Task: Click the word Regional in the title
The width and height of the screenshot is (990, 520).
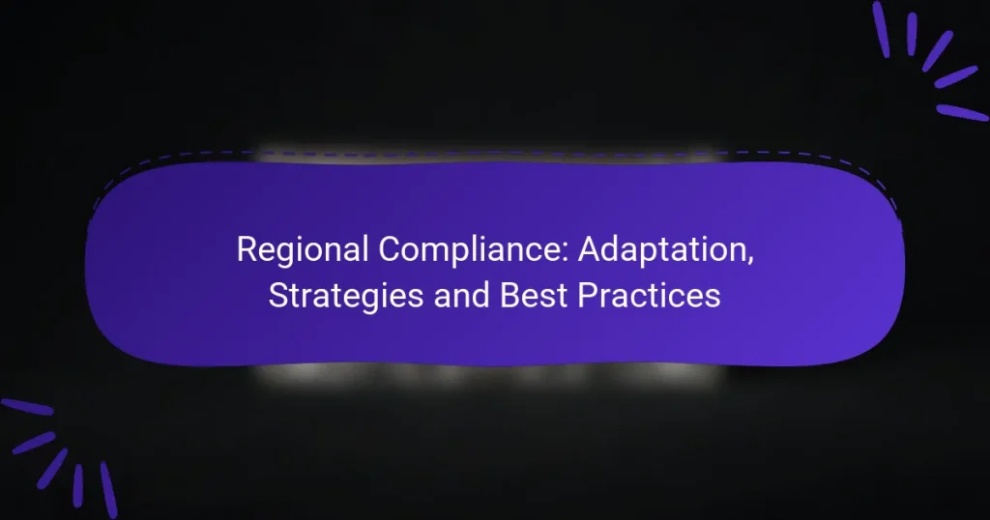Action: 301,250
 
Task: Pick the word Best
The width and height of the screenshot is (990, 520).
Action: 532,295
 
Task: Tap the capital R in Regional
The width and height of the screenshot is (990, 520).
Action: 246,250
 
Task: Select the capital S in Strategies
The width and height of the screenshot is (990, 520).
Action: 277,295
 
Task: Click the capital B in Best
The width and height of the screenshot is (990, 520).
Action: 509,295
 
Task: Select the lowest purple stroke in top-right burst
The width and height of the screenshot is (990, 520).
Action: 962,112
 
